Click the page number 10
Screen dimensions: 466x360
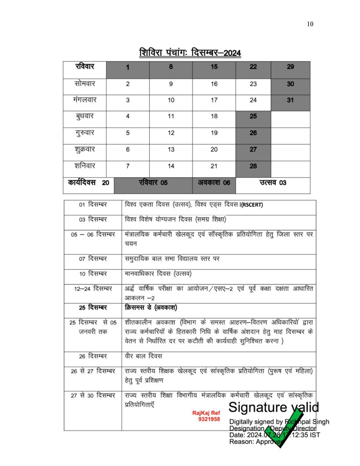tap(310, 24)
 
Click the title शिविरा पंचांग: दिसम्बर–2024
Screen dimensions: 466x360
tap(190, 52)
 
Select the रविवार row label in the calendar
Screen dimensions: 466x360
tap(85, 67)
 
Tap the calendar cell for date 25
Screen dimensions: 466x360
tap(253, 116)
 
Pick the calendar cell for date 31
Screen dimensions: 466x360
tap(290, 100)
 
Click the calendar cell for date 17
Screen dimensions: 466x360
tap(214, 100)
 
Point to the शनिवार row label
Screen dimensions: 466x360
tap(85, 166)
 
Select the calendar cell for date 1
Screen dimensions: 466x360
tap(128, 67)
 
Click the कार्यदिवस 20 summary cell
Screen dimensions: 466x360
tap(88, 183)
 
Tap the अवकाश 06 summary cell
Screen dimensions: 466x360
tap(214, 183)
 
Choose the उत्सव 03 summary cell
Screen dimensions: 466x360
tap(273, 183)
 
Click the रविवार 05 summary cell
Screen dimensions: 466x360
tap(153, 183)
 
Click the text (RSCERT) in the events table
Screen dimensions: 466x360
tap(252, 205)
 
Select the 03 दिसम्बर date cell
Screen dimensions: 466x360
tap(92, 219)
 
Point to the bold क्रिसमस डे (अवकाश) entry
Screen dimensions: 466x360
tap(151, 307)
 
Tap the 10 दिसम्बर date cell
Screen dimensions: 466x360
tap(92, 274)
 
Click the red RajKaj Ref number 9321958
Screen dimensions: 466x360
tap(209, 419)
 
